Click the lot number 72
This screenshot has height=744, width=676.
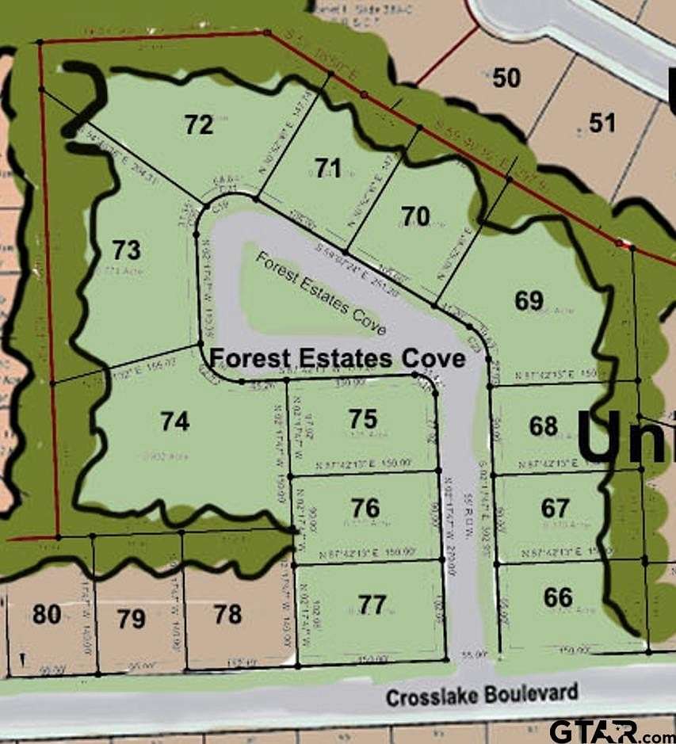coord(199,124)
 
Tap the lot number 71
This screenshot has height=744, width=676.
coord(327,168)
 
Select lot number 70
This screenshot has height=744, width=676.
coord(415,216)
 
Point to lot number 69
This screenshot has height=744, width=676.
coord(529,301)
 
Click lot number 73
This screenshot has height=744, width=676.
coord(126,250)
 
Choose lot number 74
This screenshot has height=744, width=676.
coord(174,422)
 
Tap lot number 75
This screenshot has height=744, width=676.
coord(364,419)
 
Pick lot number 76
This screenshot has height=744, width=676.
coord(365,507)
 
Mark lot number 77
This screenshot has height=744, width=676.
coord(372,605)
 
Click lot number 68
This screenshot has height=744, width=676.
coord(544,426)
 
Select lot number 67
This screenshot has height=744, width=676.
coord(556,507)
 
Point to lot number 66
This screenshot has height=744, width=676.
coord(558,597)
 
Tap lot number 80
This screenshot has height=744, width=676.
coord(47,613)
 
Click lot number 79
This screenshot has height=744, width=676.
coord(131,618)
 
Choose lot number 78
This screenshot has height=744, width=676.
coord(227,613)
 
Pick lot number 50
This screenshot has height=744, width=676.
coord(506,78)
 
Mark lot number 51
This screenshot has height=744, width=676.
coord(602,122)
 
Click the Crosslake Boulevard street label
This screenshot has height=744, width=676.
coord(482,695)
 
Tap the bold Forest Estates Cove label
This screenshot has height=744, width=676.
coord(337,359)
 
